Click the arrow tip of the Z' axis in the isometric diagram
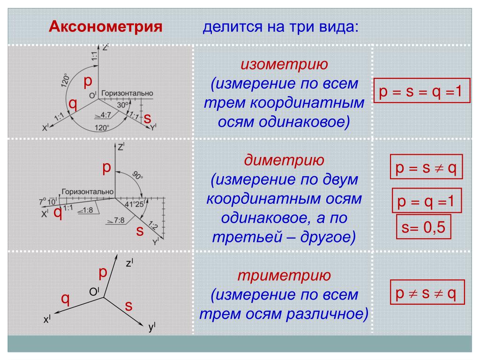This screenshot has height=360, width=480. [x=98, y=45]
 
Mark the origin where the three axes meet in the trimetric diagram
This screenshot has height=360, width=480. [x=104, y=297]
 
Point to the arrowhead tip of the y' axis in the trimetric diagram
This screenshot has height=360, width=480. [x=143, y=326]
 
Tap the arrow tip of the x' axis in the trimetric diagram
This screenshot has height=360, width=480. [x=54, y=313]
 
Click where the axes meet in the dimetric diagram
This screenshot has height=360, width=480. [x=115, y=198]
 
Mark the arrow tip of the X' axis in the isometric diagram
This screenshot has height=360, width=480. [x=49, y=127]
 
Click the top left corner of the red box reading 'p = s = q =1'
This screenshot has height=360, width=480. [x=374, y=78]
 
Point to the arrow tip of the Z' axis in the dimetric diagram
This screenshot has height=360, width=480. [x=115, y=142]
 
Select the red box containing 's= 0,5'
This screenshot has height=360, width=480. [x=423, y=227]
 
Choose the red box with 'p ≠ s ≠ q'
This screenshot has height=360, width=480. [x=427, y=292]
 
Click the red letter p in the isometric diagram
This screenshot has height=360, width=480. [x=88, y=82]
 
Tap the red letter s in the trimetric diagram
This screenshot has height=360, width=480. [x=128, y=306]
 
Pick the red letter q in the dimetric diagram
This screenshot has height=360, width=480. [x=58, y=212]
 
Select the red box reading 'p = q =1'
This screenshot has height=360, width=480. [x=427, y=201]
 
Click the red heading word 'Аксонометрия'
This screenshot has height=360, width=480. [x=105, y=26]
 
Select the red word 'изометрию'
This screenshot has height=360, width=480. [x=284, y=64]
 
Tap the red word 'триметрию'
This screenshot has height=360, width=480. [x=284, y=275]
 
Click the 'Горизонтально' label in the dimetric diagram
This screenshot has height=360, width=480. [x=88, y=192]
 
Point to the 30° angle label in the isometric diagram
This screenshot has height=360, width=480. [x=123, y=105]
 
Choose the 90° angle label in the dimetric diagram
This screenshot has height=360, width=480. [x=137, y=176]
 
